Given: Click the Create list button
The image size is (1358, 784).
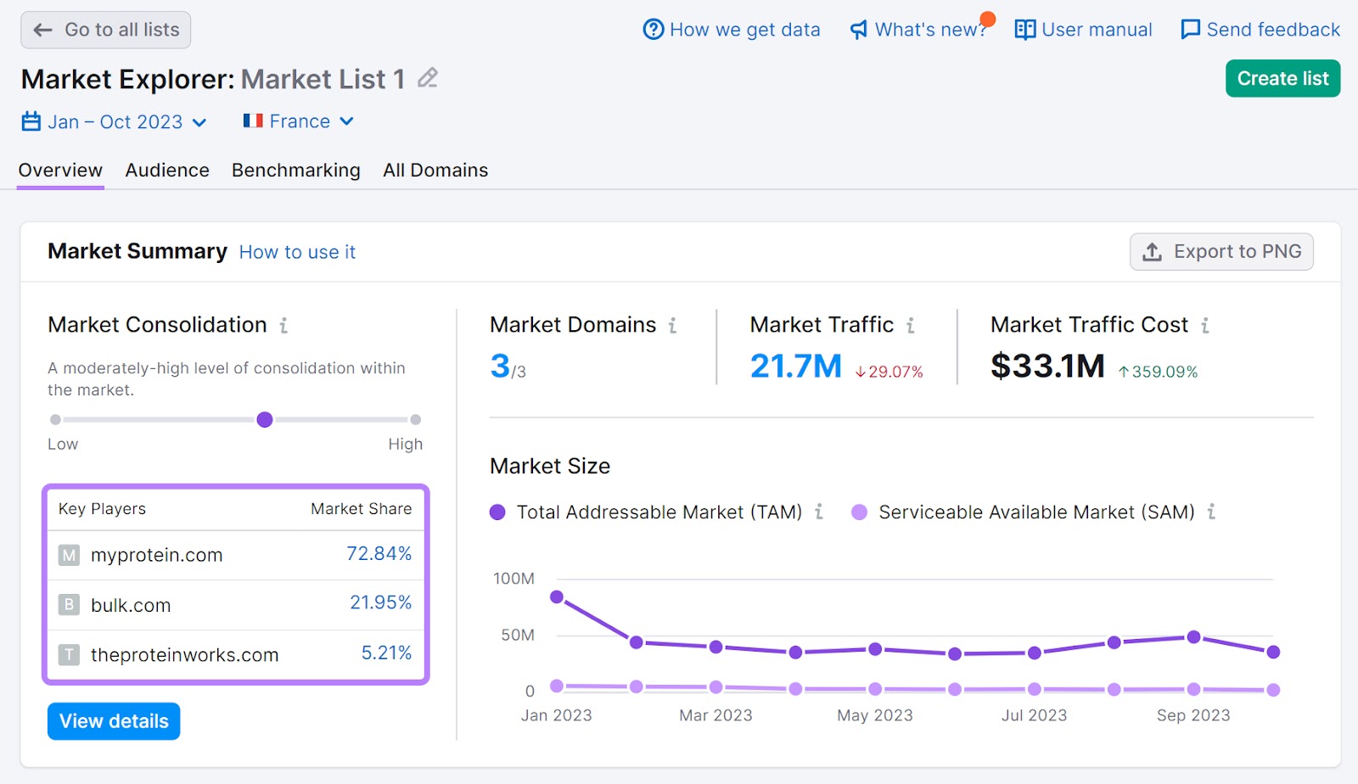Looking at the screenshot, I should click(1282, 79).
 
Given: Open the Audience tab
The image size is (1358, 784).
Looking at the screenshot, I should click(167, 171).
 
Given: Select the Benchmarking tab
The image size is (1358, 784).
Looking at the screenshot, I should click(295, 171).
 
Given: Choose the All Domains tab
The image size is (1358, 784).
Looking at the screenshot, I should click(435, 171).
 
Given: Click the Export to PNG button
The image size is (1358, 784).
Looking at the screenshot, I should click(1221, 252).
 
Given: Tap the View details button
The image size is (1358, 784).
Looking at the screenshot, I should click(114, 721).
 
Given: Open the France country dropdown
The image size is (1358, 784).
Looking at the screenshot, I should click(299, 121).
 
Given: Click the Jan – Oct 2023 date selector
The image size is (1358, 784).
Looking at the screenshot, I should click(115, 122).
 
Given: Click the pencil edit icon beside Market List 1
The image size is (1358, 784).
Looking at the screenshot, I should click(428, 79).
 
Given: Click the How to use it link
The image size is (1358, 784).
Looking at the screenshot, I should click(297, 252).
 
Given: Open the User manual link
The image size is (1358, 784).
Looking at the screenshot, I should click(1084, 30).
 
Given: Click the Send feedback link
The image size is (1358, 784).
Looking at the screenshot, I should click(1260, 30).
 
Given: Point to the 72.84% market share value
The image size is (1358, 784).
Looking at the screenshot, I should click(379, 554).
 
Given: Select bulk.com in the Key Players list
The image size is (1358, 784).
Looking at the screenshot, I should click(131, 605).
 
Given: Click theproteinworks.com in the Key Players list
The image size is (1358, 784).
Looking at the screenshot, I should click(184, 655).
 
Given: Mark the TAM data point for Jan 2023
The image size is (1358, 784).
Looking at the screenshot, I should click(557, 597).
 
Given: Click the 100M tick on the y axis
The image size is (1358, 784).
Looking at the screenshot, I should click(513, 579).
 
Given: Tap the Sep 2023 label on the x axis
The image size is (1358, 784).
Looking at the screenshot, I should click(1192, 715).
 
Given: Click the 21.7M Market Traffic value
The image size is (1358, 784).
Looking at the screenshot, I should click(795, 367).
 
